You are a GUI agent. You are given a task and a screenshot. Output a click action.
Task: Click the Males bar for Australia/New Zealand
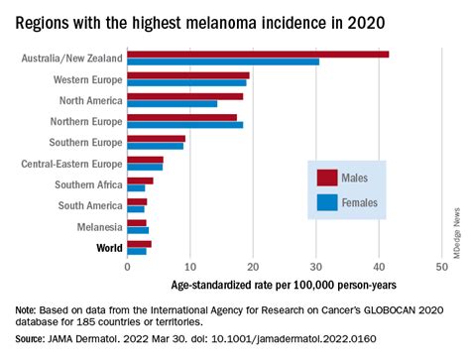click(x=258, y=55)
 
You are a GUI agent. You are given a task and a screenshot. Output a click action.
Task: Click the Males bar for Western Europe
click(x=187, y=75)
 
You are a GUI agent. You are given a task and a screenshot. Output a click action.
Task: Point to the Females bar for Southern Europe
click(x=155, y=147)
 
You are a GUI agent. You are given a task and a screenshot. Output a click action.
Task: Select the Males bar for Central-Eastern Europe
click(x=145, y=159)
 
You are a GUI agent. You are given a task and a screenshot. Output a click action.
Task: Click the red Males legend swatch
click(x=327, y=178)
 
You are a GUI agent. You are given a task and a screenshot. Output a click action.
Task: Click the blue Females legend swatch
click(x=327, y=202)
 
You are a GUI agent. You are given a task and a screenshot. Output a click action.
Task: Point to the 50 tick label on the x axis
click(x=441, y=267)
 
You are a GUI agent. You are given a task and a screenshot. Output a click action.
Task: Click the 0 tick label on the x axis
click(x=127, y=267)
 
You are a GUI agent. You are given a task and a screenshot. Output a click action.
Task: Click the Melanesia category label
click(x=96, y=226)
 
